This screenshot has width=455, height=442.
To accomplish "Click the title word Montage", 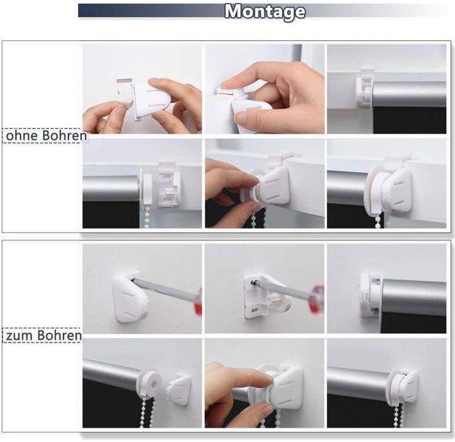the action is coord(265,12).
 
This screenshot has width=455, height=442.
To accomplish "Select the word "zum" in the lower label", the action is coord(19,336).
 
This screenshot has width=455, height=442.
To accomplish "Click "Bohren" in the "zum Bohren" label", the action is coord(59,335).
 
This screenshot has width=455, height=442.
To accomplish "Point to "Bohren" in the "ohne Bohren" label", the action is coord(64,136).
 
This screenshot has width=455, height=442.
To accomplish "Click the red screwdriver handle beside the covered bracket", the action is coord(198,301).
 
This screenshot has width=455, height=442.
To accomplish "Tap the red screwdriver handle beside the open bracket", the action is coord(317,299).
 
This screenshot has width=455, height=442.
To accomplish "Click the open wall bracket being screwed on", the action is coord(266,296).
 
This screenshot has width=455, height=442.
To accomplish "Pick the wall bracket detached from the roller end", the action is coord(178,390).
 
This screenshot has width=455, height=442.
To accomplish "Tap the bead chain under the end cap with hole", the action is coord(148,411).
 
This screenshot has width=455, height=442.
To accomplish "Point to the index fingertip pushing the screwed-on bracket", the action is coord(265,378).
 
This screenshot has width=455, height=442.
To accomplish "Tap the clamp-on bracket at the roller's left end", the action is coord(364,88).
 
